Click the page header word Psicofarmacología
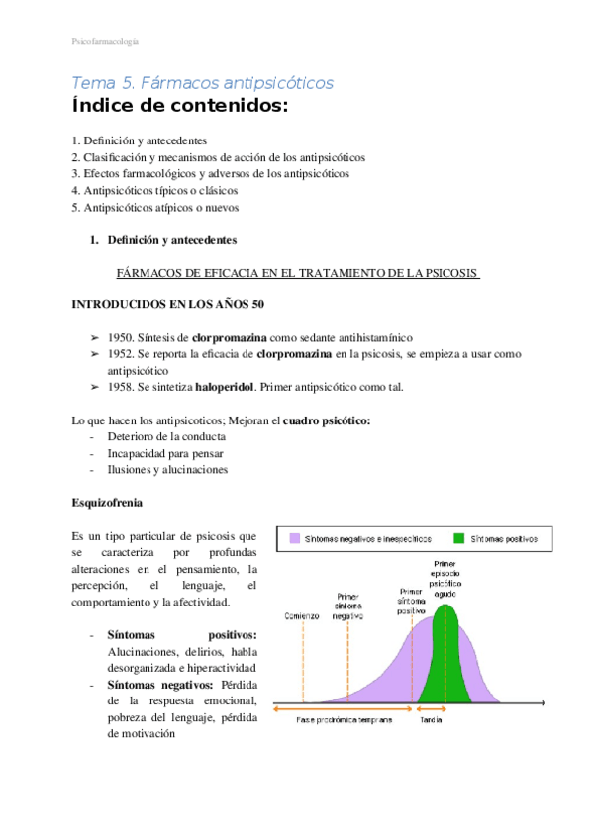[x=105, y=41]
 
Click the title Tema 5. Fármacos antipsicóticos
[x=203, y=83]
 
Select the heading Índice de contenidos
[x=180, y=107]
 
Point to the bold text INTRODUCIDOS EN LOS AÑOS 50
[x=167, y=303]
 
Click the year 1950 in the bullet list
[x=122, y=337]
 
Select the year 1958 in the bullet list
[x=122, y=386]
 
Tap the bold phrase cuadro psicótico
[x=327, y=420]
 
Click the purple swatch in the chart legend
[x=294, y=539]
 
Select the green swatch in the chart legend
[x=458, y=539]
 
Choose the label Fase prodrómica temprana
[x=344, y=720]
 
